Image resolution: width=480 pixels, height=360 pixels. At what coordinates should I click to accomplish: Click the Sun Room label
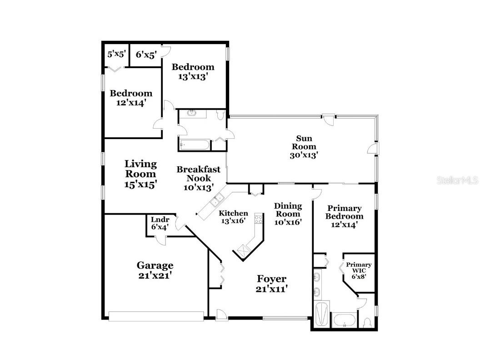(x=304, y=146)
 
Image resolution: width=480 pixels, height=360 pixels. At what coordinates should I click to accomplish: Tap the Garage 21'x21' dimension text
(x=155, y=275)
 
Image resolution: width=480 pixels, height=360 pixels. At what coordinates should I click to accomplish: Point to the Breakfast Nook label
(x=198, y=174)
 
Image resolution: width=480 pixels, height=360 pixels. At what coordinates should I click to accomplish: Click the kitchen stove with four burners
(x=258, y=220)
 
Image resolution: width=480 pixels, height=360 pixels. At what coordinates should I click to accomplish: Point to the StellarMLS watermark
(x=457, y=180)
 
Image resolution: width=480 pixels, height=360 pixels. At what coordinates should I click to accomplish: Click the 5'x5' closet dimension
(x=116, y=54)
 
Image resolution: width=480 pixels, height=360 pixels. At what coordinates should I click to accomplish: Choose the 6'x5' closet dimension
(x=146, y=55)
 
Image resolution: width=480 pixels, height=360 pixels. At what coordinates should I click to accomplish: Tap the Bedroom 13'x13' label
(x=193, y=72)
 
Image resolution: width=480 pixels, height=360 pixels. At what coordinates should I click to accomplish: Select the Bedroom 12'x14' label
(x=131, y=98)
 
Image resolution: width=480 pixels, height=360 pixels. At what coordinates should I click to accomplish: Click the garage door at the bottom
(x=156, y=316)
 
